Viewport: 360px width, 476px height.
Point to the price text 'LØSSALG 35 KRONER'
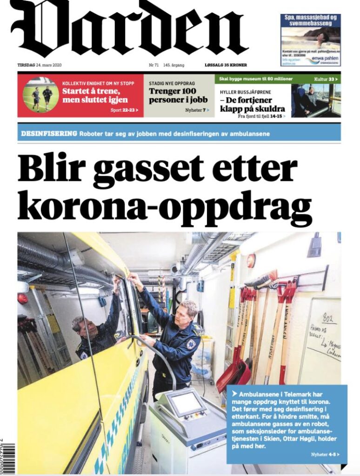click(226, 65)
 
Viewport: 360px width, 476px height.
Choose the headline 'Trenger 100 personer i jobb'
click(173, 95)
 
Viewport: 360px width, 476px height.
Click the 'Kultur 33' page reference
click(326, 79)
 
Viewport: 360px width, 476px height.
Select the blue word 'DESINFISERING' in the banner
click(49, 134)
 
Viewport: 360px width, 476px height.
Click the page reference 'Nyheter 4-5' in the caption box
click(325, 454)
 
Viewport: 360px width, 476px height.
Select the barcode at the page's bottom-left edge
click(7, 458)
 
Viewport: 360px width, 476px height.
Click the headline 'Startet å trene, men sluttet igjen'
click(91, 95)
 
